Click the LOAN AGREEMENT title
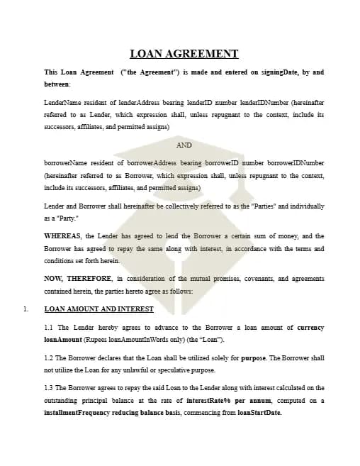pyautogui.click(x=184, y=53)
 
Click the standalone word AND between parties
pyautogui.click(x=184, y=145)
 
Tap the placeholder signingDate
pyautogui.click(x=281, y=72)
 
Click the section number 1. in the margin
pyautogui.click(x=26, y=309)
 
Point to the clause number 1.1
pyautogui.click(x=49, y=328)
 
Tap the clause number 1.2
pyautogui.click(x=49, y=358)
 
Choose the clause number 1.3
pyautogui.click(x=49, y=388)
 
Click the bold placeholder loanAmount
pyautogui.click(x=62, y=340)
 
